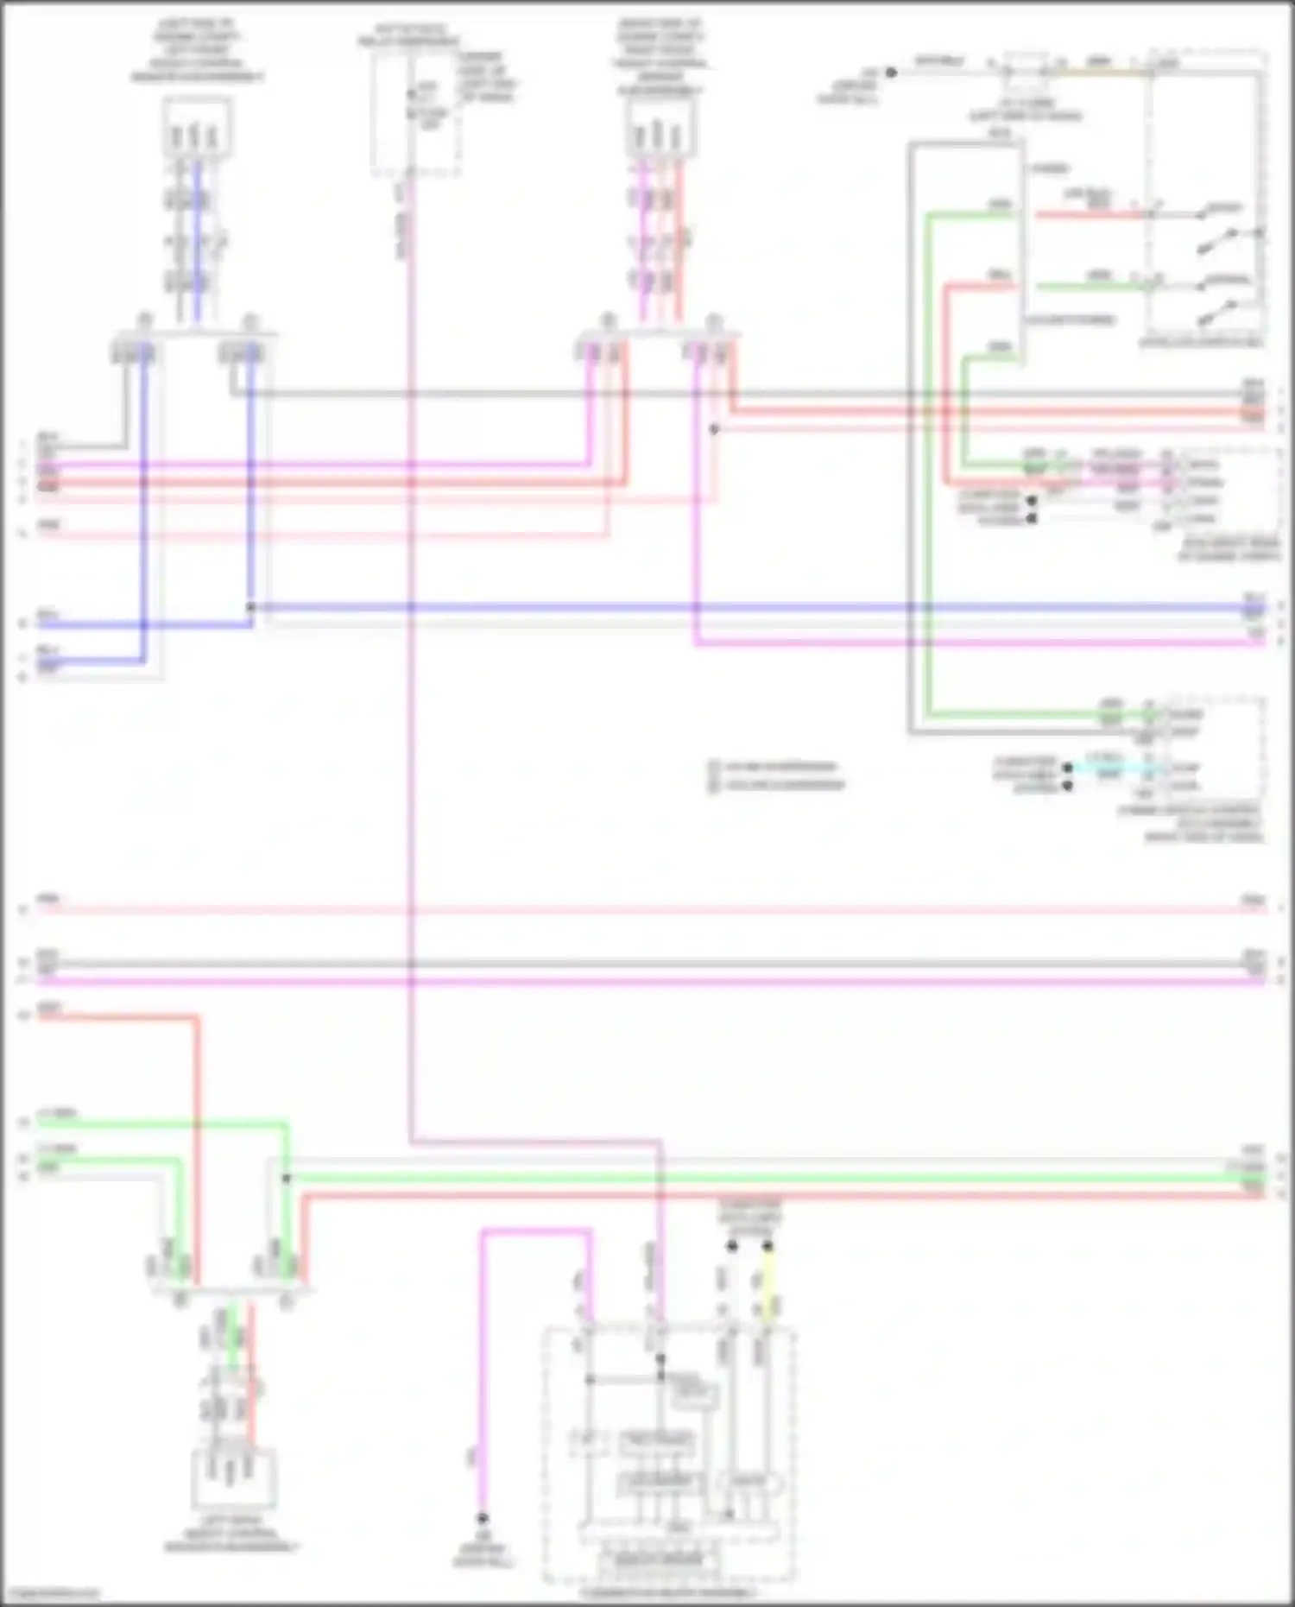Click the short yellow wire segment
click(767, 1281)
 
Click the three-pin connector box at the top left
click(197, 128)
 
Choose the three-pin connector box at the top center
click(660, 128)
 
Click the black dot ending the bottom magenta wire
click(483, 1518)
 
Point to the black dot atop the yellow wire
click(767, 1246)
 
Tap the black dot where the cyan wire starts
click(1068, 768)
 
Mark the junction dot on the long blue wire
click(251, 607)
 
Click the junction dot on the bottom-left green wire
click(286, 1178)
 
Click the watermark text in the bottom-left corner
click(52, 1594)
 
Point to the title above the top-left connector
click(197, 51)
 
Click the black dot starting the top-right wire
click(891, 73)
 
